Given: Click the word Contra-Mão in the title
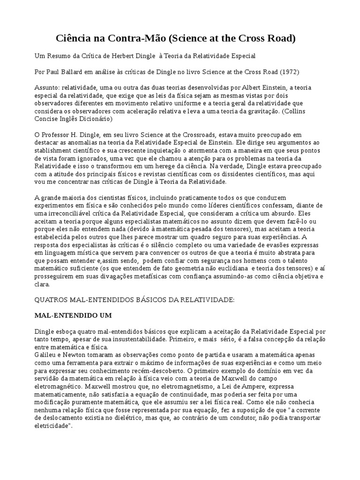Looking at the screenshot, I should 123,38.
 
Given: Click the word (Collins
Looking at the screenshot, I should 309,112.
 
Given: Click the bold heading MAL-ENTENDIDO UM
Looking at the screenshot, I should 73,315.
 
